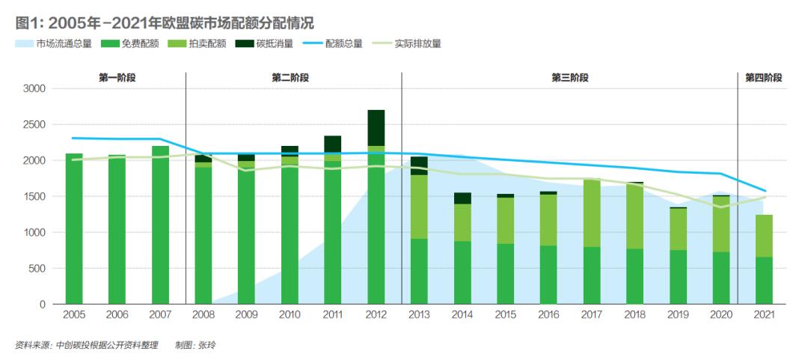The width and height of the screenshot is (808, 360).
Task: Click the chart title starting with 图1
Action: [x=165, y=22]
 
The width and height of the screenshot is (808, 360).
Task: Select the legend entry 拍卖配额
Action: [x=201, y=43]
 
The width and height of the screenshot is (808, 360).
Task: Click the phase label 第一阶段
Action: [x=117, y=77]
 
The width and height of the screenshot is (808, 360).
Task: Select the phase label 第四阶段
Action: [x=763, y=77]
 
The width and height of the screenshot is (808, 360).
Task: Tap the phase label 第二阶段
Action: [x=290, y=77]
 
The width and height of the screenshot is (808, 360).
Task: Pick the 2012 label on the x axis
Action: [x=376, y=316]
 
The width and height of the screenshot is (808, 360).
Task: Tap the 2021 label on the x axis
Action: [x=764, y=316]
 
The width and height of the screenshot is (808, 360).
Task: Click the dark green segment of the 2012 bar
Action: [x=376, y=127]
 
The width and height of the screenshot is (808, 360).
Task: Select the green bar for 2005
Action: [x=74, y=228]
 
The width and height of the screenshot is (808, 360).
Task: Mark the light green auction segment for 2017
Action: [x=591, y=213]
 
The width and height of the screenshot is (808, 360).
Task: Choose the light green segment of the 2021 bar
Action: [x=764, y=236]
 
